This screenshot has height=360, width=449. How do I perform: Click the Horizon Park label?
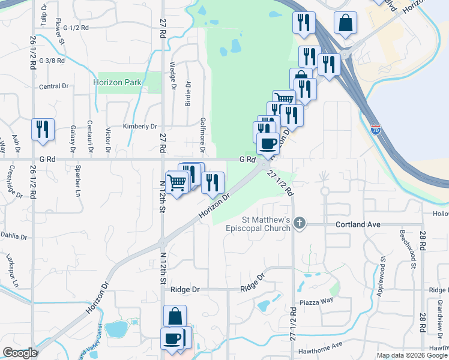(117, 82)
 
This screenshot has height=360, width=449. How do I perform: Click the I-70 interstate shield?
(375, 128)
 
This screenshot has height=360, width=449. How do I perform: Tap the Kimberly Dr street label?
(139, 127)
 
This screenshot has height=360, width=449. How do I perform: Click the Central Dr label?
(53, 86)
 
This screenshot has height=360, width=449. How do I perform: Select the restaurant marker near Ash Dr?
(43, 130)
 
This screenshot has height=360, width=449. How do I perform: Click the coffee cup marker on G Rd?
(268, 143)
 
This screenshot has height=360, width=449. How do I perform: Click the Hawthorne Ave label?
(319, 344)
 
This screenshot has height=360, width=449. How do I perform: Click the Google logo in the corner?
(20, 353)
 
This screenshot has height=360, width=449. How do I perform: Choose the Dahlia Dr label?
(14, 236)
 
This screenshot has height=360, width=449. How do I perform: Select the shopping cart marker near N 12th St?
(176, 181)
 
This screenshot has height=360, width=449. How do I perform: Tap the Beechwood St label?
(399, 244)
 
